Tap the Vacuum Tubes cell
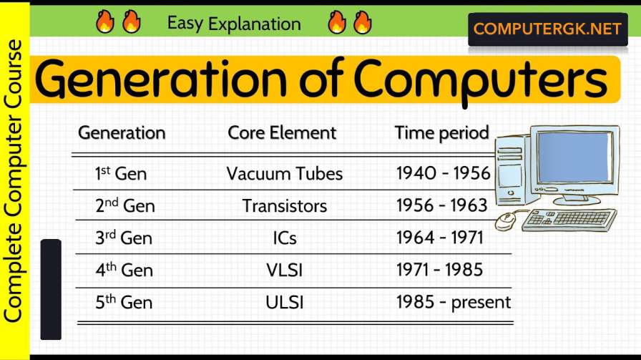tap(284, 174)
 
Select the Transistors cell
tap(284, 206)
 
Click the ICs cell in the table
tap(284, 238)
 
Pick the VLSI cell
tap(284, 271)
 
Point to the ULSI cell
tap(284, 303)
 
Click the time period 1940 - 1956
tap(443, 173)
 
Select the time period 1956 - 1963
tap(441, 206)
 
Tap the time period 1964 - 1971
tap(440, 238)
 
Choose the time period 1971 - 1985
tap(439, 271)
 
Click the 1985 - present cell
tap(454, 303)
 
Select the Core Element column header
tap(282, 133)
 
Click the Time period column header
tap(441, 133)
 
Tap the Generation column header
tap(122, 133)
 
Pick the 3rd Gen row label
tap(123, 238)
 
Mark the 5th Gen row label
tap(123, 303)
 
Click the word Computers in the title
tap(479, 82)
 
